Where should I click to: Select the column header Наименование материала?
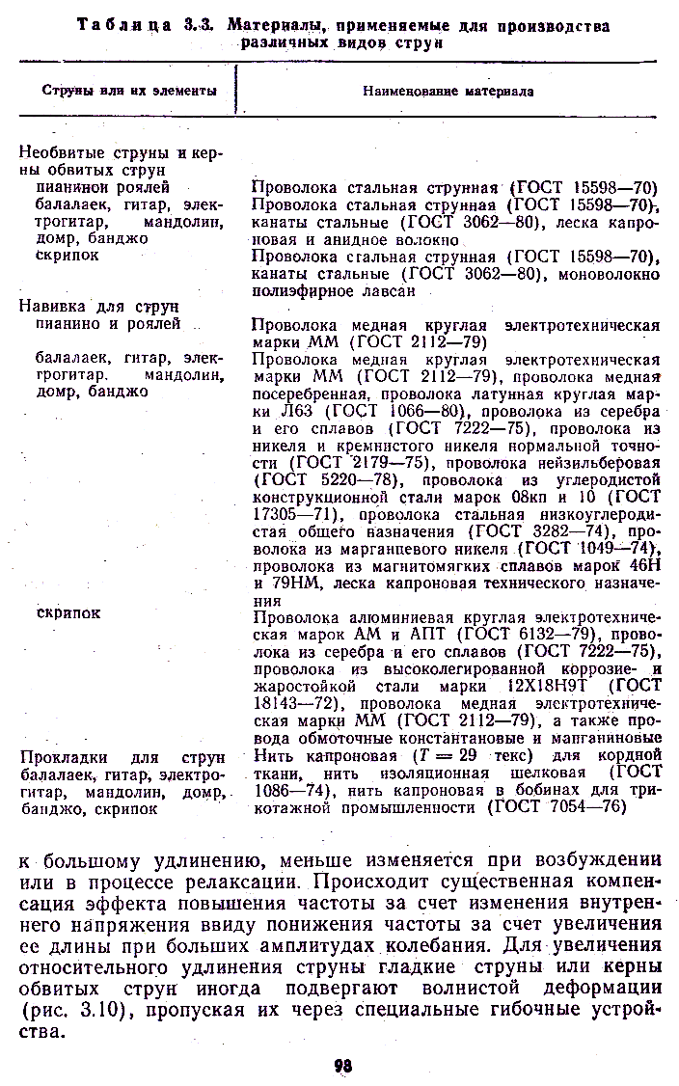click(x=448, y=91)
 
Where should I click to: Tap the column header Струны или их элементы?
click(x=129, y=90)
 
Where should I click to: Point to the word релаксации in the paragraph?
click(x=231, y=882)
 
